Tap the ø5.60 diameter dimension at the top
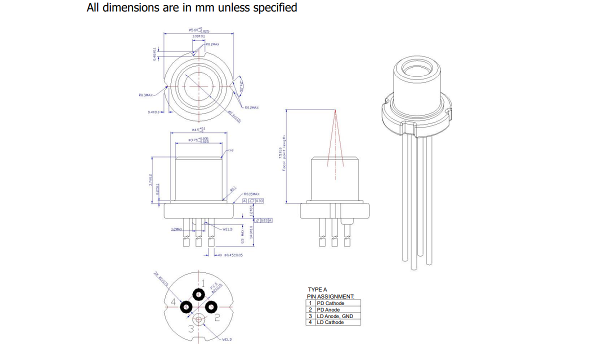[x=199, y=30]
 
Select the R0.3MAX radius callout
[x=146, y=94]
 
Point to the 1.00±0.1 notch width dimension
[x=198, y=36]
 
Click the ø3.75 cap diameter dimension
[x=199, y=140]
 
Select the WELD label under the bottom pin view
[x=226, y=339]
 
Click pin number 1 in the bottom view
[x=203, y=283]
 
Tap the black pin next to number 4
[x=186, y=306]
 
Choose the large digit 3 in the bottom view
[x=191, y=328]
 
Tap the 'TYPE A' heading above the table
[x=317, y=289]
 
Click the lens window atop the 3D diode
[x=418, y=68]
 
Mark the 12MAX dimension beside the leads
[x=176, y=229]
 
